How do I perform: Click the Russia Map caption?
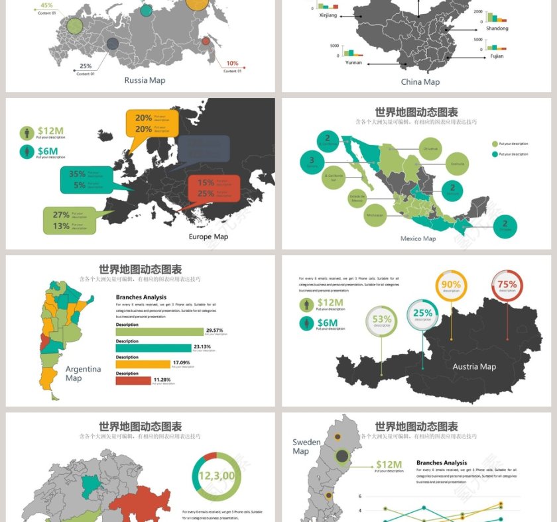click(145, 80)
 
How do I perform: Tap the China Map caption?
click(420, 82)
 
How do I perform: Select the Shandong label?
click(497, 28)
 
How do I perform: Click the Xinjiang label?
click(328, 15)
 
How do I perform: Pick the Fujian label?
click(497, 56)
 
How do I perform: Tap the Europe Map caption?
click(208, 236)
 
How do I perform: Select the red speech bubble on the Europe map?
click(213, 188)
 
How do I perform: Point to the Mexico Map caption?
click(418, 238)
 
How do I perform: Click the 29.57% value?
click(215, 330)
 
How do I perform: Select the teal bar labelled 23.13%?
click(153, 347)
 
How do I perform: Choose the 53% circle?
click(382, 321)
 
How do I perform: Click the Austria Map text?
click(474, 366)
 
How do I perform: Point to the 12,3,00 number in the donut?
click(216, 476)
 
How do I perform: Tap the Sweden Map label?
click(306, 446)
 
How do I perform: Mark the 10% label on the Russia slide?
click(232, 64)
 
